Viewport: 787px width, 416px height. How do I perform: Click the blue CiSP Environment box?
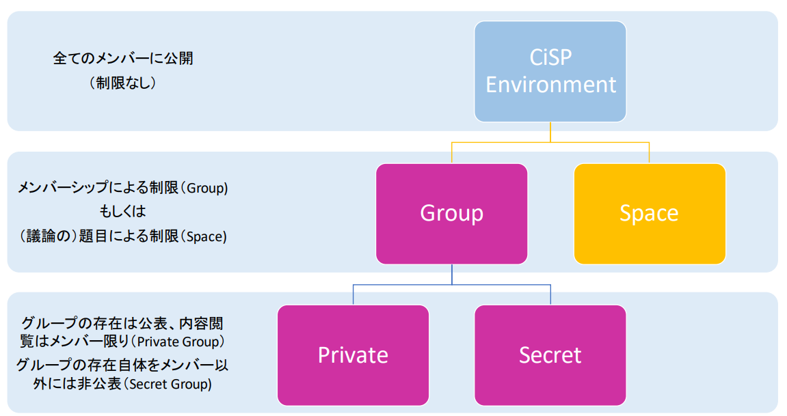550,72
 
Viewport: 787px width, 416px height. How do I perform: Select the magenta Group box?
451,213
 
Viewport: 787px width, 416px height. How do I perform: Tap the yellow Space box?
649,213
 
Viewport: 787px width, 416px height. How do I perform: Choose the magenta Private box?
353,355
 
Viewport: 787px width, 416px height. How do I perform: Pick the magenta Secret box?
550,355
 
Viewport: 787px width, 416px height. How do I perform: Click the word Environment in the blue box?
550,85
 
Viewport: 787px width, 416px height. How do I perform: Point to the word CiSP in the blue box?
550,57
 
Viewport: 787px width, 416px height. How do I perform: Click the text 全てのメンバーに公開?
123,59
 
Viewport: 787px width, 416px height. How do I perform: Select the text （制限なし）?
123,83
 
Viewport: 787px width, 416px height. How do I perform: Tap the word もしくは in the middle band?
123,212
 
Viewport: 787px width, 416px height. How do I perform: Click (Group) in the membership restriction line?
206,189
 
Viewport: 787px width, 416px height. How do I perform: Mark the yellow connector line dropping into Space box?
649,153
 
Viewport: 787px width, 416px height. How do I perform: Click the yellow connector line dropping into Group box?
451,153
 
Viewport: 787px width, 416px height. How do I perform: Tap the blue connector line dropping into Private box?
353,294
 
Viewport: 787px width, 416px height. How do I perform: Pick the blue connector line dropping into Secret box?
550,294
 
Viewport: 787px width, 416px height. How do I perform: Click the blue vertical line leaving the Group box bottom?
451,274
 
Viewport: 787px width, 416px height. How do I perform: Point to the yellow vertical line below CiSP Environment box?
550,133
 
